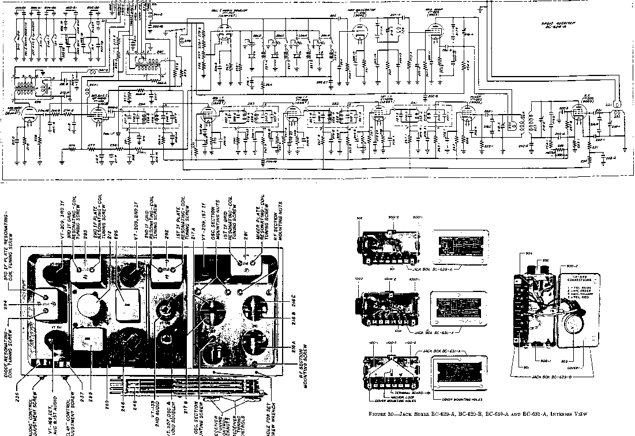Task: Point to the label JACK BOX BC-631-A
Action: (444, 350)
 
